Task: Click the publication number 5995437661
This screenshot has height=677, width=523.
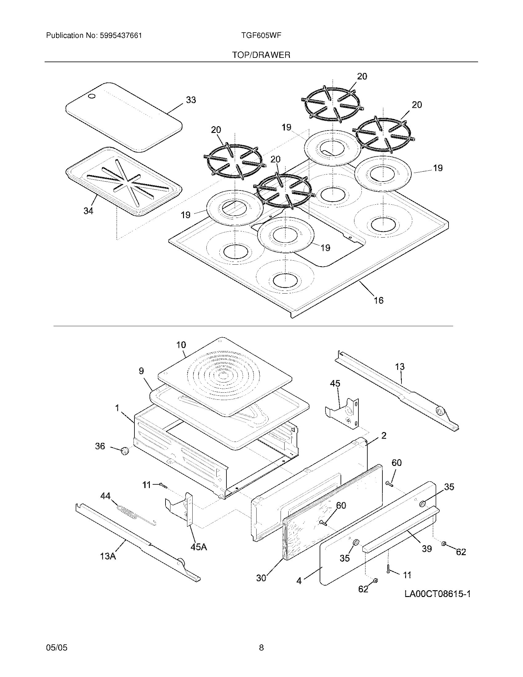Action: pyautogui.click(x=121, y=36)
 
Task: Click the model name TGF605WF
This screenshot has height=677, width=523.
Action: pyautogui.click(x=261, y=35)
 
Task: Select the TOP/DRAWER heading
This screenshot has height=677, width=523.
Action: pyautogui.click(x=261, y=55)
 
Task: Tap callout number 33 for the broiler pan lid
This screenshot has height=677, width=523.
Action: pyautogui.click(x=191, y=100)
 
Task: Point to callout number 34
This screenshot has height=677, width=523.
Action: pyautogui.click(x=88, y=211)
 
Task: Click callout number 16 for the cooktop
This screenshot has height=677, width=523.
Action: pyautogui.click(x=378, y=300)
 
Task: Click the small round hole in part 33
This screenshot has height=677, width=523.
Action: pyautogui.click(x=92, y=97)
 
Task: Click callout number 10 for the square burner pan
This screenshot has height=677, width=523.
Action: pyautogui.click(x=181, y=345)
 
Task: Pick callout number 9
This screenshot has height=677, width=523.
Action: pyautogui.click(x=142, y=371)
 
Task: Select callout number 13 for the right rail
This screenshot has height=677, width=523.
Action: pyautogui.click(x=400, y=367)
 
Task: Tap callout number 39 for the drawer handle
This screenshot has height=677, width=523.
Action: pyautogui.click(x=427, y=549)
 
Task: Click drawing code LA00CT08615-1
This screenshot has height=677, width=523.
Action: pyautogui.click(x=437, y=594)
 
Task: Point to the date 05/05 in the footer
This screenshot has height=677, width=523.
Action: pyautogui.click(x=57, y=647)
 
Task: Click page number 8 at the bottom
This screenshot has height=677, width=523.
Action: pyautogui.click(x=261, y=647)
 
